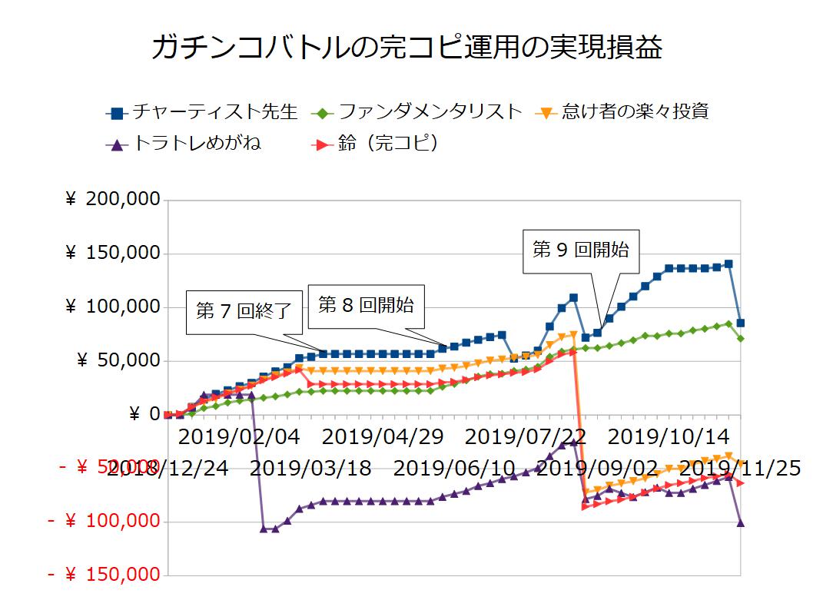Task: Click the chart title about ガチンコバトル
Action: point(406,48)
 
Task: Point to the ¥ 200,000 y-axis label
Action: point(113,200)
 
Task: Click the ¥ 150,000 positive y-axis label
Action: point(113,254)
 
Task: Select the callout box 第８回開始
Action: point(366,305)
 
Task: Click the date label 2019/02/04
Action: point(239,437)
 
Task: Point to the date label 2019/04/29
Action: point(383,437)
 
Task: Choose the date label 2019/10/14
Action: point(669,437)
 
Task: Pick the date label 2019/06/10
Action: point(454,467)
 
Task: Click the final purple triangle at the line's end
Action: point(741,522)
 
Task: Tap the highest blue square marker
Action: point(728,264)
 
